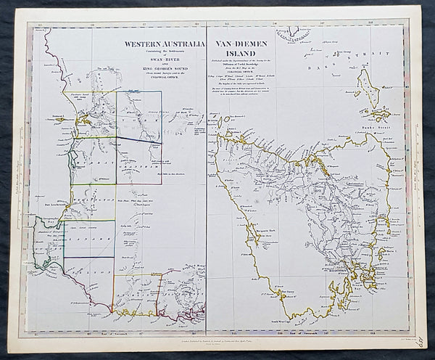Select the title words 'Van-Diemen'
pyautogui.click(x=239, y=44)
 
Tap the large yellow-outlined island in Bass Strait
pyautogui.click(x=369, y=91)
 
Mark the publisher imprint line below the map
pyautogui.click(x=217, y=343)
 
